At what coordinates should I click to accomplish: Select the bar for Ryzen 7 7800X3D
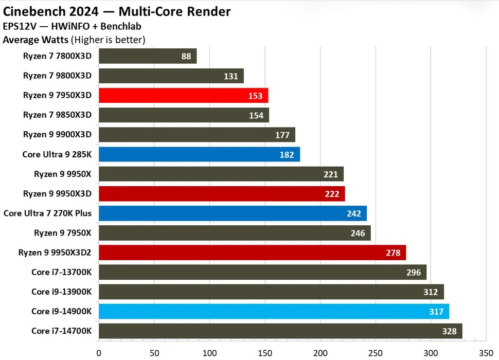147,56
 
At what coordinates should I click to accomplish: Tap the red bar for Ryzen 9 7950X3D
183,96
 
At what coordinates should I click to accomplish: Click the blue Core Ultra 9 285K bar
199,154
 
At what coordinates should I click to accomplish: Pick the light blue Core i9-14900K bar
273,311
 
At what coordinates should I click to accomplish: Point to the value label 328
449,331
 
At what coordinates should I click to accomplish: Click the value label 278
393,253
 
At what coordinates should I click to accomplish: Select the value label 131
230,76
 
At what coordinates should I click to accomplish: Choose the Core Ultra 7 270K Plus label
47,213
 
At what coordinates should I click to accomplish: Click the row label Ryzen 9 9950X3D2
55,253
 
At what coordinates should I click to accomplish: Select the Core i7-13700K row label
61,272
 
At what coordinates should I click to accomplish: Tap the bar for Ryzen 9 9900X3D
197,135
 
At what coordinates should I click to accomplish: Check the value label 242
353,213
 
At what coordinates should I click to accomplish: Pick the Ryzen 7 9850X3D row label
57,115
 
